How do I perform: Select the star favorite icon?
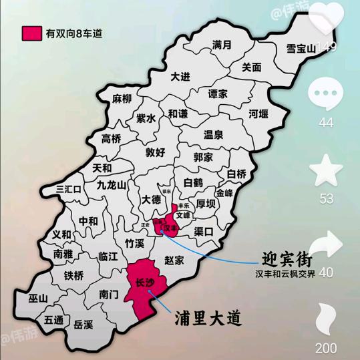[x=327, y=170]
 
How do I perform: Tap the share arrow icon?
[x=327, y=245]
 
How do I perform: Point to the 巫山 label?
[x=38, y=298]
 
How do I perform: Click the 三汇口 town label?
[x=69, y=189]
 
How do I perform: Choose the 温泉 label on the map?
[x=213, y=134]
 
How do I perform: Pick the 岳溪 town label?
[x=83, y=324]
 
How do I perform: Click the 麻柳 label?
[x=122, y=99]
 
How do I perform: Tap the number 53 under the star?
[x=327, y=198]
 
